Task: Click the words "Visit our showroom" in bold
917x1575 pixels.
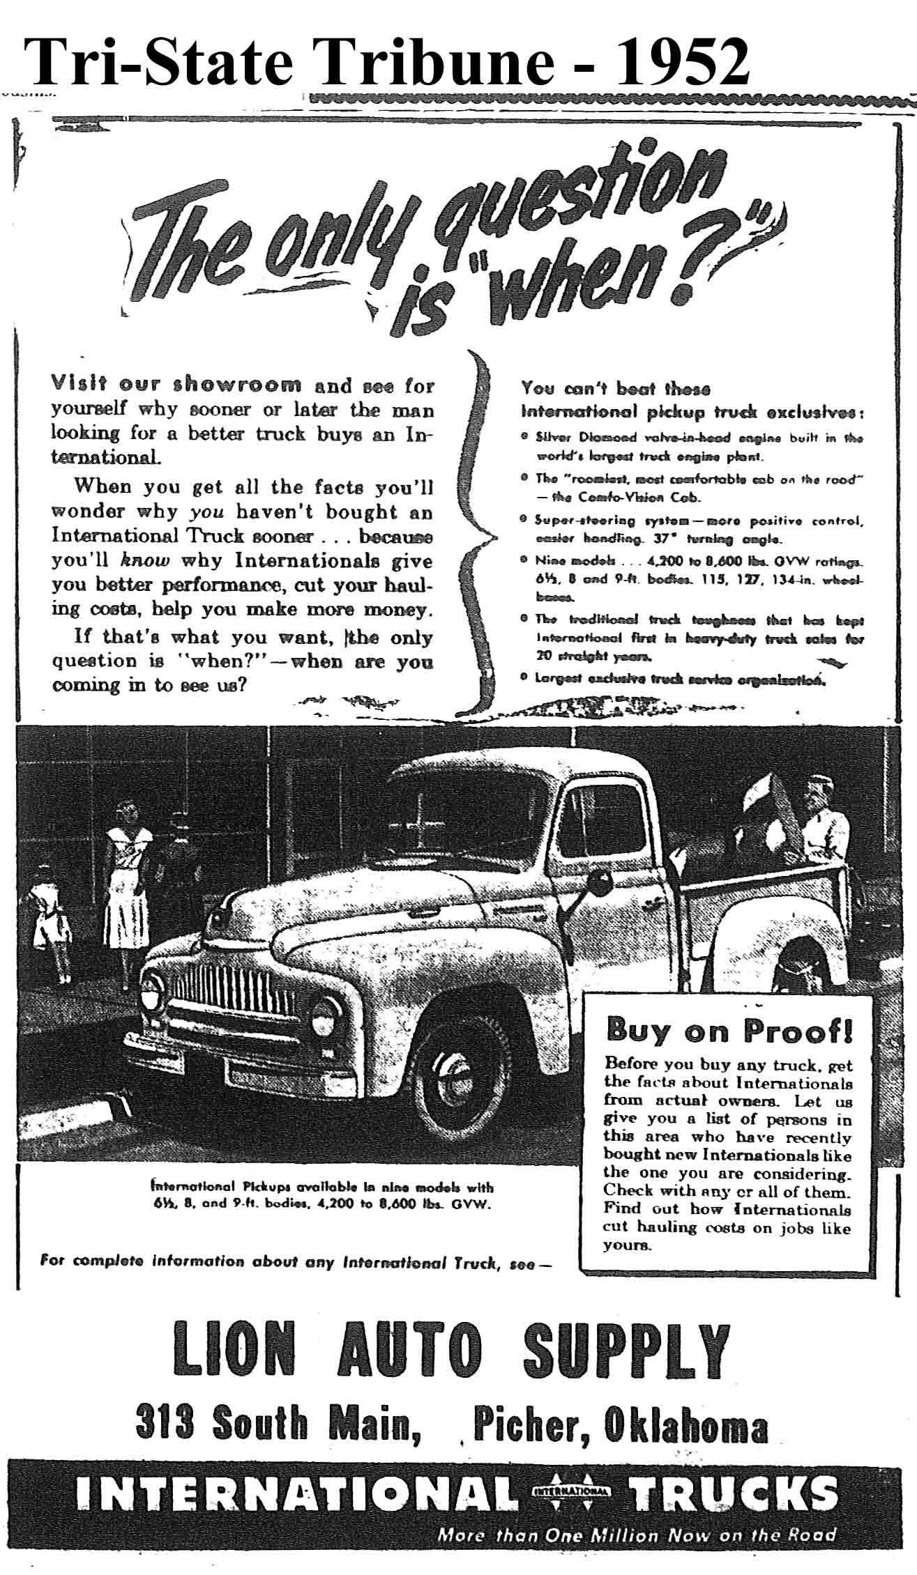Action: click(176, 385)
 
